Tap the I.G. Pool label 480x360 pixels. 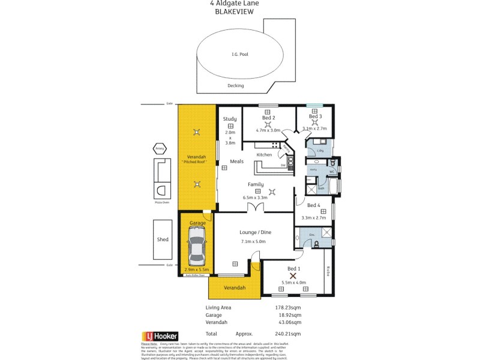(239, 55)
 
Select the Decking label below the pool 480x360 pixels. (236, 86)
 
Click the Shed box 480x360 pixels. (163, 239)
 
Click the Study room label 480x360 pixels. (230, 119)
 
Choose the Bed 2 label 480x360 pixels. (268, 118)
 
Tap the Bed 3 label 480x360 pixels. (316, 116)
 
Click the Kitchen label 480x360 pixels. (265, 155)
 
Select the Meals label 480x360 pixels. (236, 161)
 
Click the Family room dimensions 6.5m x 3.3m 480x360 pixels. (256, 197)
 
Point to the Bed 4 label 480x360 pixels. (315, 205)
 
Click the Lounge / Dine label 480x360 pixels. (256, 232)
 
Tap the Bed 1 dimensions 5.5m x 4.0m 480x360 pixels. (294, 283)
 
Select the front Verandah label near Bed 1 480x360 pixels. (235, 288)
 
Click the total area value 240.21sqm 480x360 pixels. (289, 334)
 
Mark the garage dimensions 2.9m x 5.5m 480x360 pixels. (197, 270)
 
